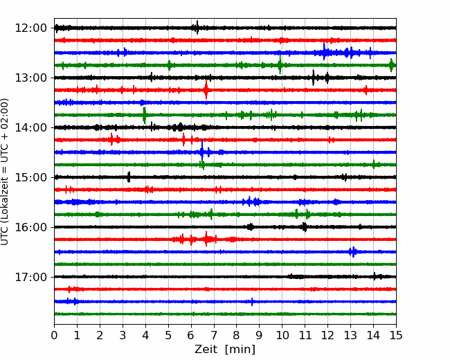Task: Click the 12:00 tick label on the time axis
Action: click(x=30, y=28)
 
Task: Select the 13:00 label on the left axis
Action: click(x=30, y=78)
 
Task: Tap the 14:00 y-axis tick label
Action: click(x=30, y=127)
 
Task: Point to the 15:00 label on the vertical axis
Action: click(x=30, y=177)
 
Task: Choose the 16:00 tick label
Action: click(x=30, y=227)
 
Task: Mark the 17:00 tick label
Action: click(x=30, y=277)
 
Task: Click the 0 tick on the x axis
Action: click(x=54, y=335)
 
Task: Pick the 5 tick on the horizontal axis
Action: click(x=168, y=335)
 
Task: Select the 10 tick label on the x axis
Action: click(x=282, y=335)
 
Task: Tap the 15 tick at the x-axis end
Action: click(x=396, y=335)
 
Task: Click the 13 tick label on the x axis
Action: click(x=350, y=335)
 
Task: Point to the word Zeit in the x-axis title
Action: click(x=206, y=350)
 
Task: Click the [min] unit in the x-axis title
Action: click(x=240, y=350)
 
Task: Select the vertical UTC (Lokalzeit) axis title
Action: click(x=4, y=172)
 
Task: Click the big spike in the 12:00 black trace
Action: click(x=197, y=28)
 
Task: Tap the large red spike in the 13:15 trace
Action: click(x=206, y=90)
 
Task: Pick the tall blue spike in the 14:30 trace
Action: click(x=202, y=152)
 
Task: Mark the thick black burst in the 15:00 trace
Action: click(x=129, y=177)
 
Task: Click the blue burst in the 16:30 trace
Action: click(x=353, y=252)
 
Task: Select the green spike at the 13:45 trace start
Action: click(x=145, y=115)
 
